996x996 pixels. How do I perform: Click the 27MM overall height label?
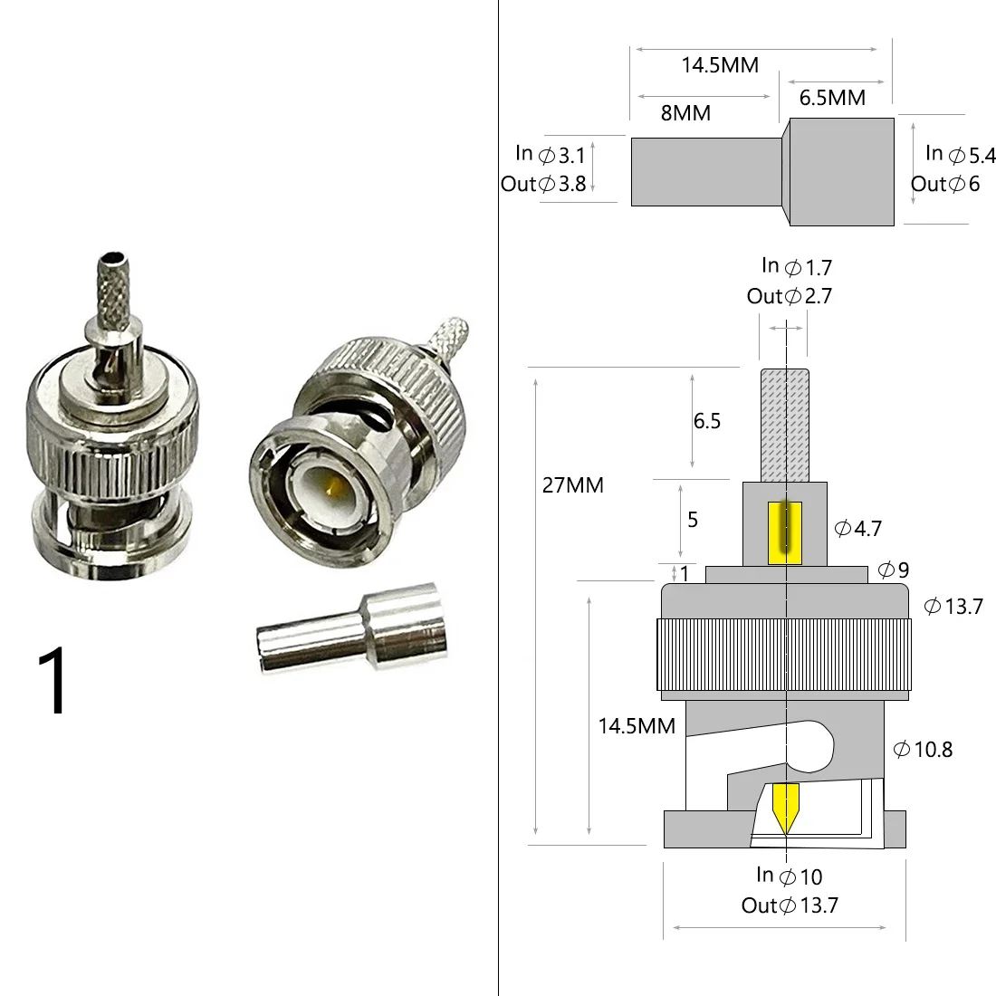(x=572, y=485)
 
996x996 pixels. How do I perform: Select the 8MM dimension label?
(x=685, y=113)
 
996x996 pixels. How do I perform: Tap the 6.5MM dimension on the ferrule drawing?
(x=832, y=97)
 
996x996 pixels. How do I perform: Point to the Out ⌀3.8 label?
(x=543, y=184)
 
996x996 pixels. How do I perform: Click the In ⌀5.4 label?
(x=960, y=154)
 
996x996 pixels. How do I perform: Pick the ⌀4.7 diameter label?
(x=857, y=529)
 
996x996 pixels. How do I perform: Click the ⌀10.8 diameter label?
(x=923, y=749)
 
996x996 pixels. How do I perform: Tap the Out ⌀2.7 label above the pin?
(x=789, y=296)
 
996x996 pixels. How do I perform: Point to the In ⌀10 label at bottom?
(x=790, y=876)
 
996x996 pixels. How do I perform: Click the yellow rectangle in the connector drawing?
(x=784, y=532)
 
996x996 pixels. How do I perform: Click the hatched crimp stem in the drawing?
(x=784, y=426)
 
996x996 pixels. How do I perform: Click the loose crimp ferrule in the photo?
(x=353, y=632)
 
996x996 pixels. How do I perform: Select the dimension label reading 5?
(x=694, y=520)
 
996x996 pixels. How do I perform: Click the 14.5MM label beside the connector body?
(x=637, y=726)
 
